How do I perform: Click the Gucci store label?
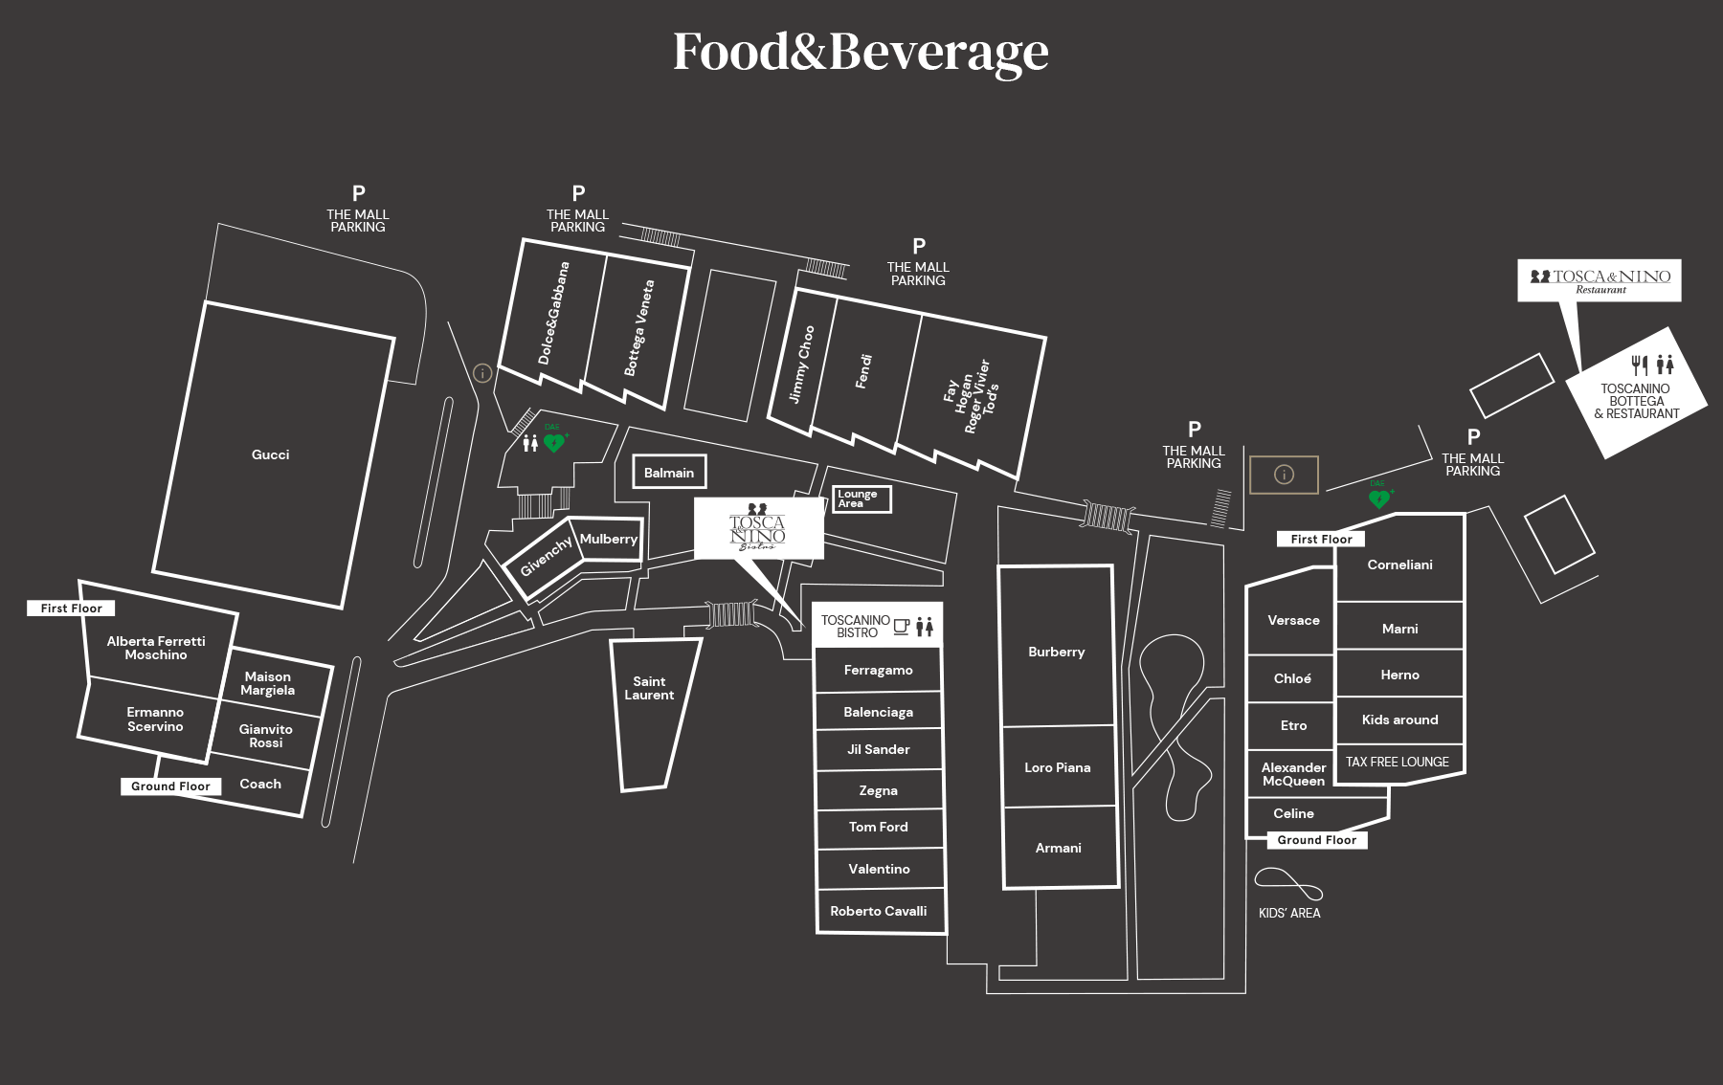coord(270,454)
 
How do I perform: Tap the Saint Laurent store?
coord(650,688)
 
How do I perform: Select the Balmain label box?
coord(669,473)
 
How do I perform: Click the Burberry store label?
coord(1057,652)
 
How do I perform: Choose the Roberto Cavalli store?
coord(879,911)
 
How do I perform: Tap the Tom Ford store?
coord(879,827)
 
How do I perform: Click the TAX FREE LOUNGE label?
coord(1398,762)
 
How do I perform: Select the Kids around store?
coord(1400,720)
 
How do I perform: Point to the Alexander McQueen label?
coord(1294,774)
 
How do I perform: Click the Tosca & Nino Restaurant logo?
coord(1600,280)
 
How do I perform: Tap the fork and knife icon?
coord(1640,364)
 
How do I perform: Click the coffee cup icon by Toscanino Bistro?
coord(902,627)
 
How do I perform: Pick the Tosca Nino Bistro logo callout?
coord(759,527)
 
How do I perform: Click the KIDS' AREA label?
coord(1289,913)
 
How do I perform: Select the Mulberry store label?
coord(609,539)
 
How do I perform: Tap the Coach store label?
coord(260,784)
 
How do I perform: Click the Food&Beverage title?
coord(861,52)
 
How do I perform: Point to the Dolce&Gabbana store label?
coord(553,313)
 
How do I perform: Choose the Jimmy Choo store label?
coord(801,365)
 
